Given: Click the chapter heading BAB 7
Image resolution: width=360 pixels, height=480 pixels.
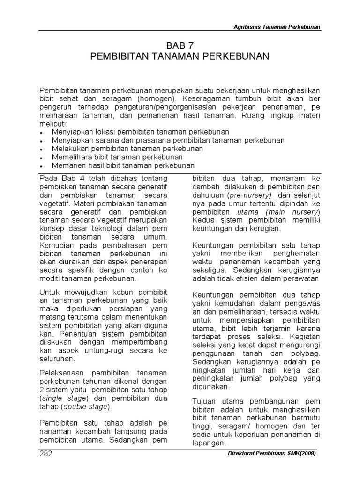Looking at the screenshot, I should pos(180,45).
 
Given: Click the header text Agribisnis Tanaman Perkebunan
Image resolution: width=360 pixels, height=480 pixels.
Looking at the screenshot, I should pos(277,27).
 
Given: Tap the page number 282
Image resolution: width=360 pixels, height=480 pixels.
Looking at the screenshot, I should pos(46,454).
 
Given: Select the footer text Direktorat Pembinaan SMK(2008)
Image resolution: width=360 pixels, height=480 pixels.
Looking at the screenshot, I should pos(274,455).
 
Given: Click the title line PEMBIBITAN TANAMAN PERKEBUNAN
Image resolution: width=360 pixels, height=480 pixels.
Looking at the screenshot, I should pos(180,57).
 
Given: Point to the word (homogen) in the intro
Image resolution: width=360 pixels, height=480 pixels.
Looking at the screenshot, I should pos(154,99).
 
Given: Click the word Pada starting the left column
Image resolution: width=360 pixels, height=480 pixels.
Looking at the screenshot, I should pos(48,179).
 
